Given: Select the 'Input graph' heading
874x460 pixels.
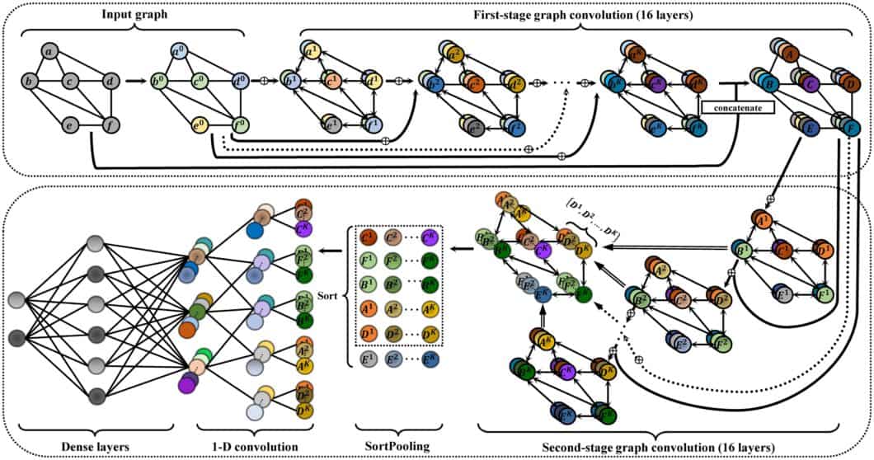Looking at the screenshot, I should [x=134, y=14].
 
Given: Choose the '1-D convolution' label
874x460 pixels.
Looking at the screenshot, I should [x=245, y=445].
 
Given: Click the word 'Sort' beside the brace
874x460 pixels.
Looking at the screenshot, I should [x=326, y=293].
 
